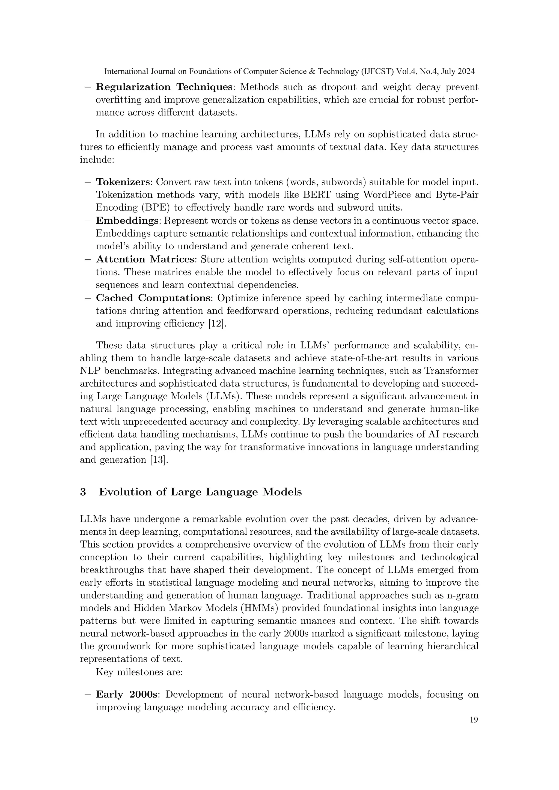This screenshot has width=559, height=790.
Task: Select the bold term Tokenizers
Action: pyautogui.click(x=123, y=182)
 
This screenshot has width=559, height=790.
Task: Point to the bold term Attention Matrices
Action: pyautogui.click(x=145, y=259)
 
